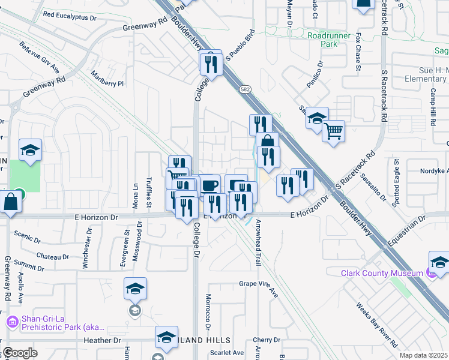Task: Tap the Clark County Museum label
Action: [x=382, y=273]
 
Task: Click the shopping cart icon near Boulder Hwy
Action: [x=333, y=130]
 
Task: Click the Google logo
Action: [x=20, y=353]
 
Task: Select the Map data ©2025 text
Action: [x=423, y=355]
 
